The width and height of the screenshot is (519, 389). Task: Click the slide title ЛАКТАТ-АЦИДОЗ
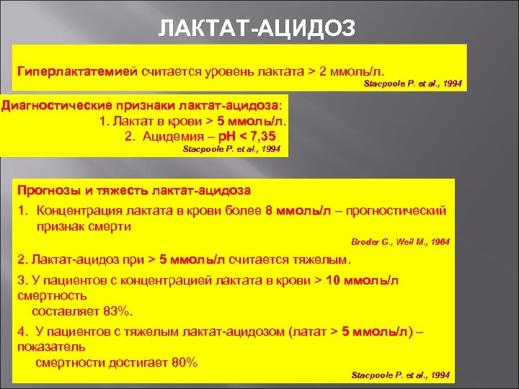pos(257,27)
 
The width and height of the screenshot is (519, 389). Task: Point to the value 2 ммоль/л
pos(352,73)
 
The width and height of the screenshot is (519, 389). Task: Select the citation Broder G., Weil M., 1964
pos(400,242)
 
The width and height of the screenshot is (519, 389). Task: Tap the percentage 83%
pos(117,311)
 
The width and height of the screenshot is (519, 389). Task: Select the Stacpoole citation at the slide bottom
pos(400,375)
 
